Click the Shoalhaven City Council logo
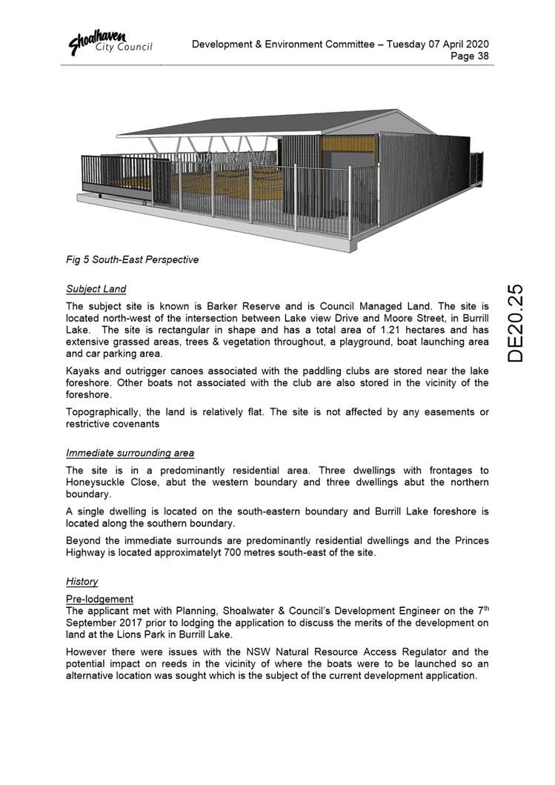[x=110, y=42]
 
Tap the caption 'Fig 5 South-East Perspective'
[x=132, y=260]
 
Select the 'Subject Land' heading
[x=96, y=289]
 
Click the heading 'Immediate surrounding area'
[x=130, y=453]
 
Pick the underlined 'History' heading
[x=82, y=582]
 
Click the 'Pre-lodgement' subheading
[x=99, y=599]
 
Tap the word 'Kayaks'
[x=84, y=371]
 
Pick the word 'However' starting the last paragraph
[x=87, y=652]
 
